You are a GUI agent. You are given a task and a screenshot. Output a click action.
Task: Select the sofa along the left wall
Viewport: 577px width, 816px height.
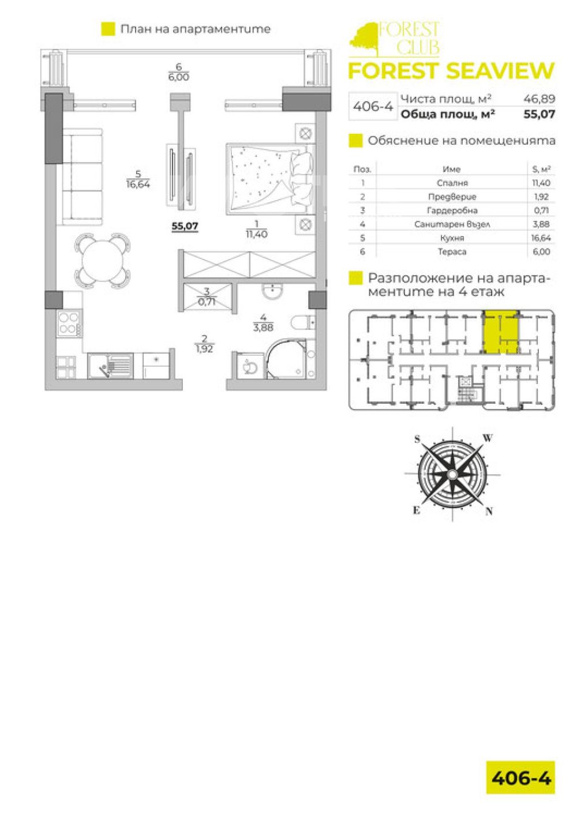click(82, 176)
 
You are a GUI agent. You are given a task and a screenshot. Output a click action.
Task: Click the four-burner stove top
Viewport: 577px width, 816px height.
click(69, 324)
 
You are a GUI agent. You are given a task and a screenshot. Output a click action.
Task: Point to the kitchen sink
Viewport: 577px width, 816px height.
click(110, 364)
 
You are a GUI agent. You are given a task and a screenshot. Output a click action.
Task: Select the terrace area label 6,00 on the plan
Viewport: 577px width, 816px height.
click(179, 77)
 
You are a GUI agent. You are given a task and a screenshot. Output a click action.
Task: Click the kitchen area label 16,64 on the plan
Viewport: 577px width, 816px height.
click(138, 184)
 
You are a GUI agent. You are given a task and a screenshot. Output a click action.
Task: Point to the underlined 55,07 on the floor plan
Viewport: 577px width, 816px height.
click(185, 226)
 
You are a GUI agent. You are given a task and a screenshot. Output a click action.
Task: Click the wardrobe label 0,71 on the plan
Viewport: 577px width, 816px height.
click(207, 302)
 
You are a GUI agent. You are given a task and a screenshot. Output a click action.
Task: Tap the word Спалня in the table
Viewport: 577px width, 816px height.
click(452, 183)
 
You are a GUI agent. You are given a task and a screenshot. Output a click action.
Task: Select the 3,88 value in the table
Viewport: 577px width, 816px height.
click(541, 224)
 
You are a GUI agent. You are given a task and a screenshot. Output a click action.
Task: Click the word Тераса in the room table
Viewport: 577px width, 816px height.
click(452, 252)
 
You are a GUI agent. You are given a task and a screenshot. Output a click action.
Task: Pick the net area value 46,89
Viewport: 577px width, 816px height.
click(539, 99)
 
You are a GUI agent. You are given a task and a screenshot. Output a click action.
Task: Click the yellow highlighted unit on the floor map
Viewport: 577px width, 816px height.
click(500, 332)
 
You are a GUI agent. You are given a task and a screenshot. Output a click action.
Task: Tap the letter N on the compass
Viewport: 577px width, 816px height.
click(489, 512)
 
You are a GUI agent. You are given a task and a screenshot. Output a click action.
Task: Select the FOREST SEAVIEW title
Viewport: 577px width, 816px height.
click(451, 71)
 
